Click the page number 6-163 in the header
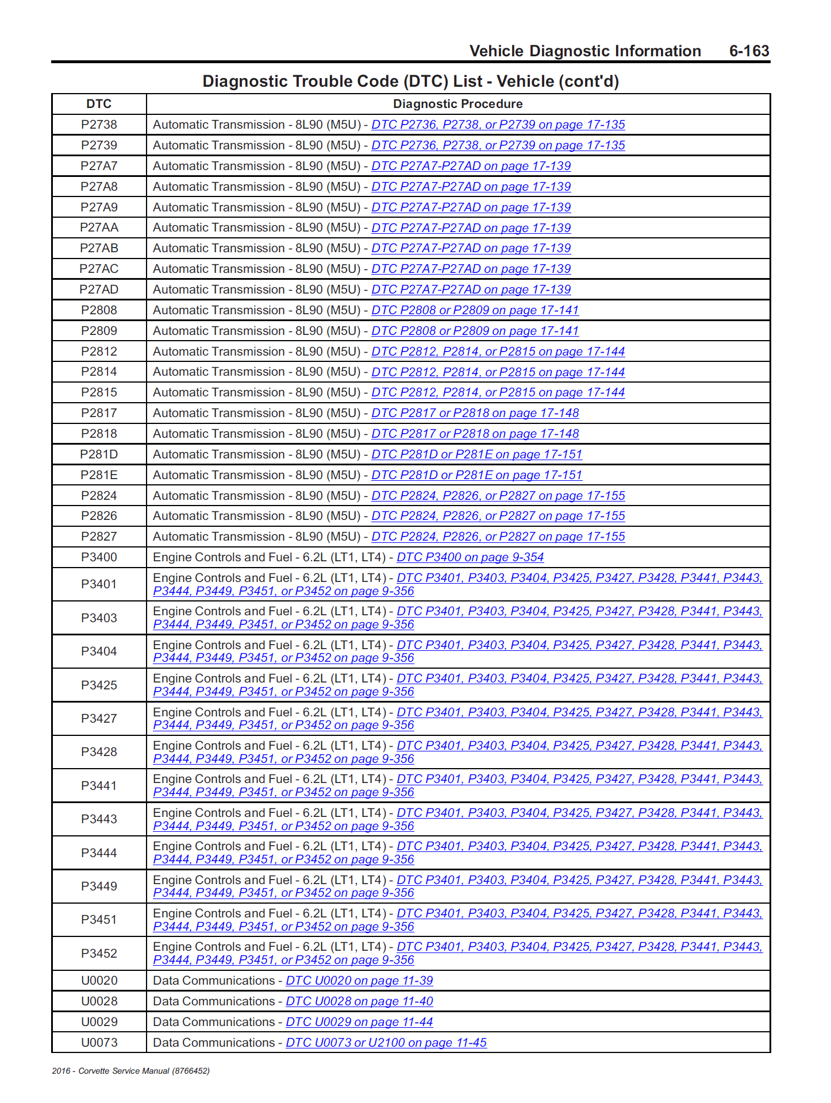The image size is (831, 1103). pos(749,51)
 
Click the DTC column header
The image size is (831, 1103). pos(99,104)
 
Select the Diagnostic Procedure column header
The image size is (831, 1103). pos(457,104)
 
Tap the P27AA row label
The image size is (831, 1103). pos(99,227)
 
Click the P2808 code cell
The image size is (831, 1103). pos(99,310)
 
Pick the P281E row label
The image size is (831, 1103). pos(99,475)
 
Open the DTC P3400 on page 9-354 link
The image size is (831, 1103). pos(470,557)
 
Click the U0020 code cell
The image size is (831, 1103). pos(99,981)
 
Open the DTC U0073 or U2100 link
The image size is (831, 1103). pos(386,1043)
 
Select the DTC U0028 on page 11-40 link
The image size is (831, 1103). pos(359,1001)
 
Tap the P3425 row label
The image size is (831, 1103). pos(99,685)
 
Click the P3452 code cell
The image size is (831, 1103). pos(99,953)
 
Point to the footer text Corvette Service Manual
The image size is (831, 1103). pos(130,1071)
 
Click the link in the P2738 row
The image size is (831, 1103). pos(498,125)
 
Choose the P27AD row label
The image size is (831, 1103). pos(99,290)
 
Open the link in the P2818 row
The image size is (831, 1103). pos(475,434)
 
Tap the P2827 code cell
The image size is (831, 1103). pos(99,537)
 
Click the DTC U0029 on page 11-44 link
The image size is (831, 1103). pos(359,1022)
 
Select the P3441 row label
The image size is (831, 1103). pos(99,785)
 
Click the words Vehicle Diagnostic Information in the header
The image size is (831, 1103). pos(585,51)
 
